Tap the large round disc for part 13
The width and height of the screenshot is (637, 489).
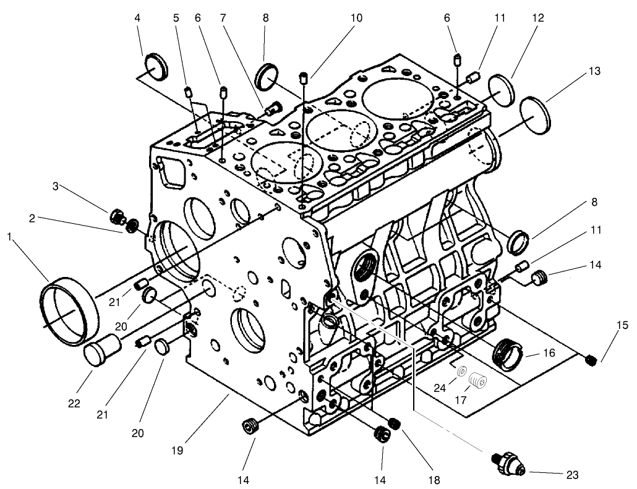click(x=536, y=116)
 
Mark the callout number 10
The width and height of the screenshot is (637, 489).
click(x=356, y=18)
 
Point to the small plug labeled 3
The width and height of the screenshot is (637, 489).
click(x=118, y=216)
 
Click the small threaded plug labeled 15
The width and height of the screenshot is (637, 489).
click(x=590, y=360)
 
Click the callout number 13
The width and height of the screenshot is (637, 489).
click(x=594, y=72)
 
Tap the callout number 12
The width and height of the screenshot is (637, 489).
click(x=537, y=19)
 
